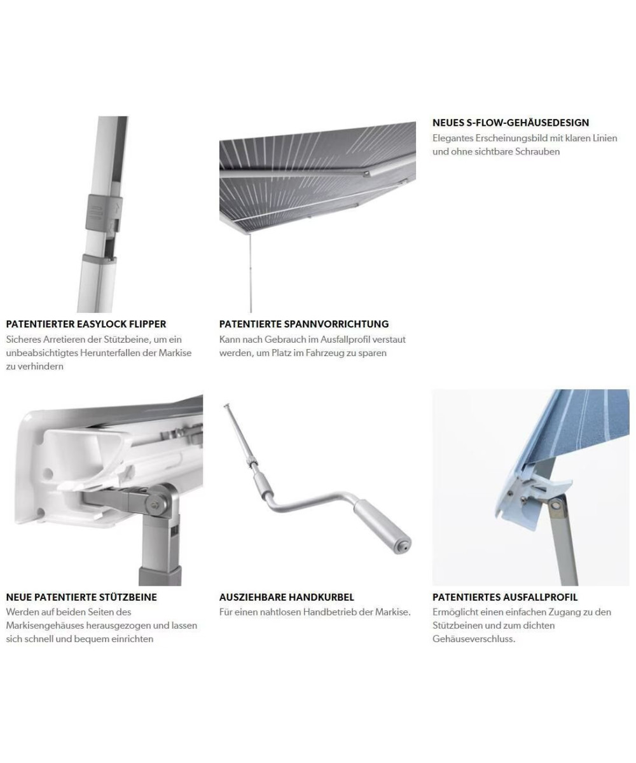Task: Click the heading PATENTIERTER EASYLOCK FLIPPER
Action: [86, 324]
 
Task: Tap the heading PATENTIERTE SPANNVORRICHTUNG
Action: [304, 324]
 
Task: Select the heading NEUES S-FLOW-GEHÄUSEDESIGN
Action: [511, 123]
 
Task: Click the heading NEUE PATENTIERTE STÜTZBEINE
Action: [81, 597]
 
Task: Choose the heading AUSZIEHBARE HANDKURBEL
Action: [287, 597]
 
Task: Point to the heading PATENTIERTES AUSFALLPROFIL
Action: [505, 597]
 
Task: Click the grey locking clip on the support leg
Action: [104, 212]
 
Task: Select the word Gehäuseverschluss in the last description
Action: [474, 639]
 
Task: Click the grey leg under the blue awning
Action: [562, 541]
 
